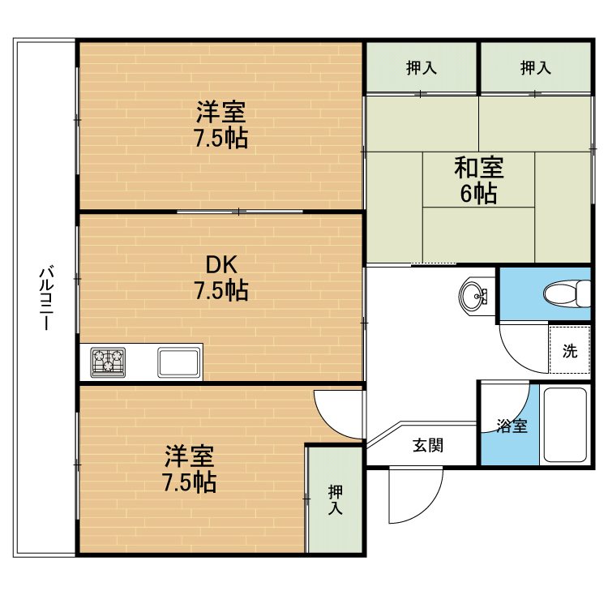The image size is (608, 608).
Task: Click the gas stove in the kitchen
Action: pos(108,362)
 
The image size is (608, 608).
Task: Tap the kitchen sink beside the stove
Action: pos(179,362)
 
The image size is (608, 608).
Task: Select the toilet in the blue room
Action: pos(567,293)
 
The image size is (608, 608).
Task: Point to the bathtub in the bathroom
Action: pos(565,425)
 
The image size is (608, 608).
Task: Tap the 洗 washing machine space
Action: pos(570,350)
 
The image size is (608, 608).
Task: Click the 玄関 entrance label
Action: pos(428,445)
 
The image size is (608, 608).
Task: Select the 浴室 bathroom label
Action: pos(512,426)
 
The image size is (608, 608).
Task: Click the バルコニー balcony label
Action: pos(46,298)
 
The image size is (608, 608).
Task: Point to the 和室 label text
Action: pos(479,168)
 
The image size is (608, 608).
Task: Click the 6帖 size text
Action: pos(478,193)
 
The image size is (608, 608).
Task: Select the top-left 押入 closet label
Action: pos(422,68)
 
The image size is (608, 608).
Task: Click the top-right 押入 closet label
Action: pos(536,68)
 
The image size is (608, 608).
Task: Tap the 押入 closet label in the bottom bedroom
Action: pos(336,499)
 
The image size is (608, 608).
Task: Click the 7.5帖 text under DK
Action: pos(221,290)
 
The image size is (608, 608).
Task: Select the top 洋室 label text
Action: pos(221,112)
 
